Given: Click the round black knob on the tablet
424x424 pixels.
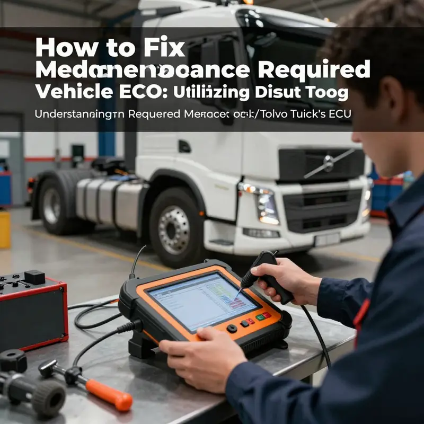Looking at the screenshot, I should (x=232, y=328).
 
